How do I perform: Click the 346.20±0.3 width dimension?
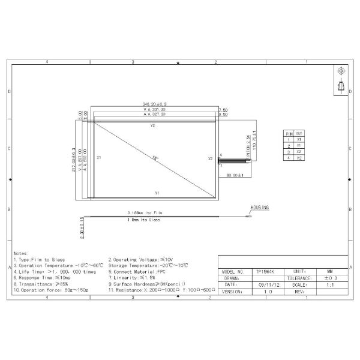(x=153, y=103)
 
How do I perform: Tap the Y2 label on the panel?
(x=153, y=126)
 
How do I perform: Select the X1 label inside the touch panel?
(x=98, y=158)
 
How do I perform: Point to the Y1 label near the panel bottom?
(x=156, y=193)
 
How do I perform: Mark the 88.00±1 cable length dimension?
(x=234, y=175)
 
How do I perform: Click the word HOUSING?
(x=260, y=207)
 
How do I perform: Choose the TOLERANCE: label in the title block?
(x=301, y=278)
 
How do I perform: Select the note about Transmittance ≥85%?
(x=35, y=284)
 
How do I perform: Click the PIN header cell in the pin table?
(x=289, y=133)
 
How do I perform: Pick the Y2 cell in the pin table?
(x=299, y=158)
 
